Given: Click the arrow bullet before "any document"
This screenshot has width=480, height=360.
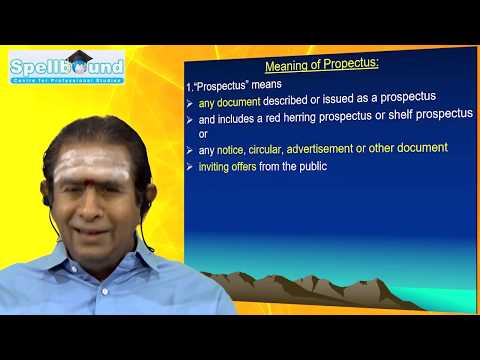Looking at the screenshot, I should point(190,102).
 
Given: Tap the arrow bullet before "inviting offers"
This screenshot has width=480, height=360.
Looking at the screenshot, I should point(190,166).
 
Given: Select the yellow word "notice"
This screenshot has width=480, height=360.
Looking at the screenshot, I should point(232,149).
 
